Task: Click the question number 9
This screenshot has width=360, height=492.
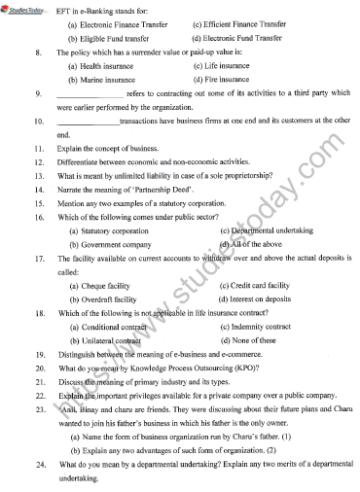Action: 35,94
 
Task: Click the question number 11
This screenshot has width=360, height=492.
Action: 37,151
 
